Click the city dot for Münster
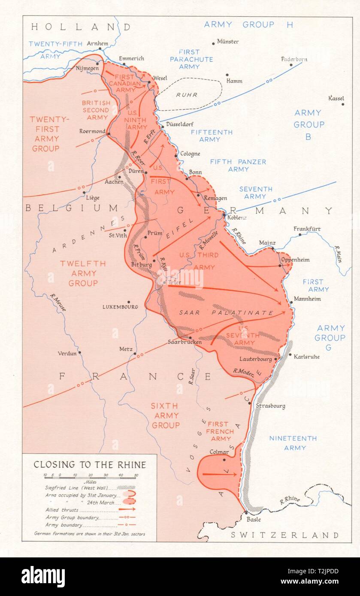213,43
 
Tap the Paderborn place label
294,59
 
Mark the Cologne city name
190,154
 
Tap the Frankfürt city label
307,229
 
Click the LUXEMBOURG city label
120,307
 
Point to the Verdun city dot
79,352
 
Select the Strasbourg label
270,406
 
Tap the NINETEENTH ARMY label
293,443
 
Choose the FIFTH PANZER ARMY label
238,166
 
